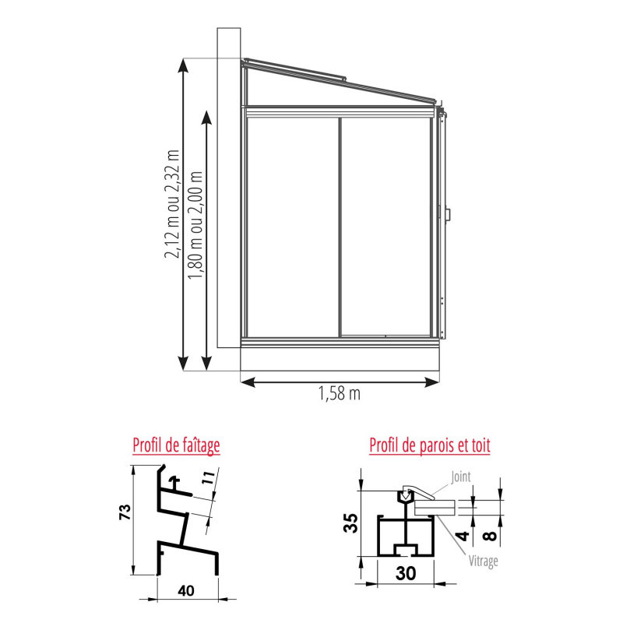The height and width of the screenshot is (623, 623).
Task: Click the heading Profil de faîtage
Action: coord(176,445)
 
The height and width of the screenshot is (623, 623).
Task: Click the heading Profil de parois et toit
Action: coord(430,445)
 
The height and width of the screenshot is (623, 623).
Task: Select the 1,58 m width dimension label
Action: coord(340,393)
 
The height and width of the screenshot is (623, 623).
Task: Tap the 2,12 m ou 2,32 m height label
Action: coord(172,204)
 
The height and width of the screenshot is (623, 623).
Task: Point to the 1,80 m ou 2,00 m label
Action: coord(195,225)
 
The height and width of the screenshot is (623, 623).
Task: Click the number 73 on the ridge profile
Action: coord(125,512)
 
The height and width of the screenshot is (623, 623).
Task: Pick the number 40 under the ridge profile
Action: coord(186,591)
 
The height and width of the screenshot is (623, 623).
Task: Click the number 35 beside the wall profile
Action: coord(351,523)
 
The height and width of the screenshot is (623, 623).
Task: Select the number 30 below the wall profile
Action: coord(406,573)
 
